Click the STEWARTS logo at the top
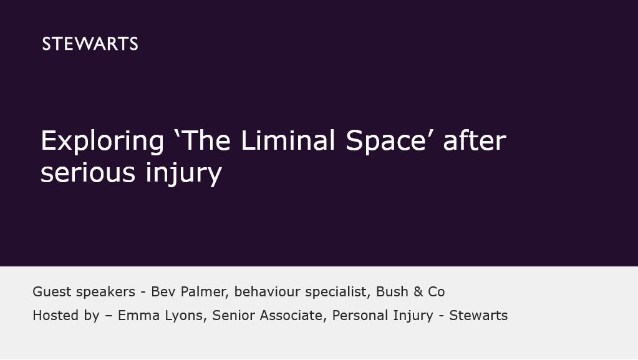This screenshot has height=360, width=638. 90,44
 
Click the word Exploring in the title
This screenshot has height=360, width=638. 102,141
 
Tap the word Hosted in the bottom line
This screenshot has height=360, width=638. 56,315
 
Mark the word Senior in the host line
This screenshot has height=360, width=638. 233,315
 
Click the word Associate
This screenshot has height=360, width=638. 291,315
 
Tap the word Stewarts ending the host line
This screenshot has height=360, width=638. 478,315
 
